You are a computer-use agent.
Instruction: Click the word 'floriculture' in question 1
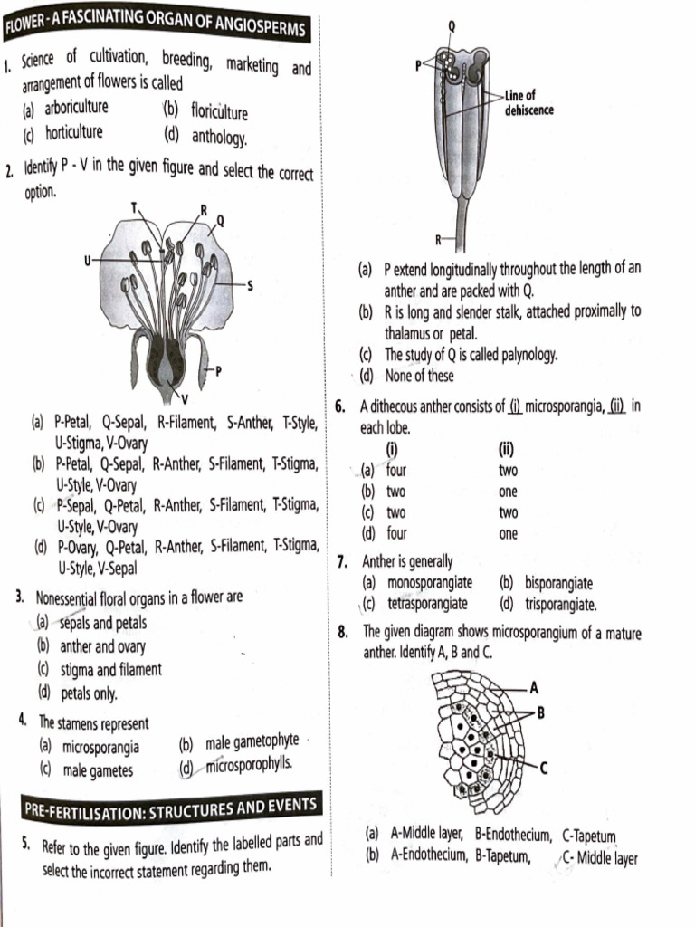click(219, 112)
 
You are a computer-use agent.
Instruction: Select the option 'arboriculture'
click(77, 108)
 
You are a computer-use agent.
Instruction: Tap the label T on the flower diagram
click(136, 207)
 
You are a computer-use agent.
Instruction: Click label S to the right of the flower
click(250, 286)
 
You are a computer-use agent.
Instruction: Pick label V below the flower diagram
click(184, 398)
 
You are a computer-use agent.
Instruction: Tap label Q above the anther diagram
click(452, 26)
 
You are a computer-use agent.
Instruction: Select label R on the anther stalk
click(439, 240)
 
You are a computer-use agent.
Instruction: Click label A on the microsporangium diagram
click(534, 685)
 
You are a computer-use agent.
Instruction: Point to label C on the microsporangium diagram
click(543, 769)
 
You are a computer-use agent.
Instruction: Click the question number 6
click(340, 406)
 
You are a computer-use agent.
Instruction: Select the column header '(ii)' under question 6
click(507, 449)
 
